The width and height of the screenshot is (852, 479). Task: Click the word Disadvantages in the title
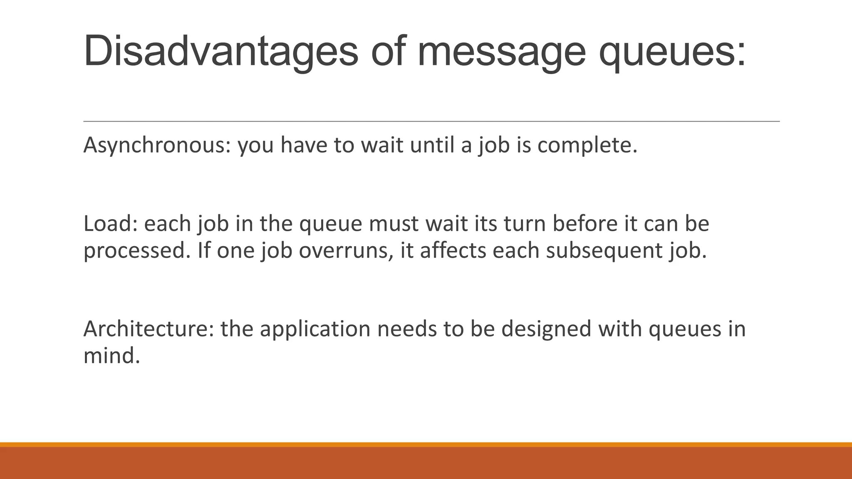coord(220,52)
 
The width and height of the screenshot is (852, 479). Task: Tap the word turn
coord(525,224)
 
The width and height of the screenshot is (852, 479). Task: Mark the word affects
coord(453,250)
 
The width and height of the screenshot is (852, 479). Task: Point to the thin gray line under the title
coord(431,121)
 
